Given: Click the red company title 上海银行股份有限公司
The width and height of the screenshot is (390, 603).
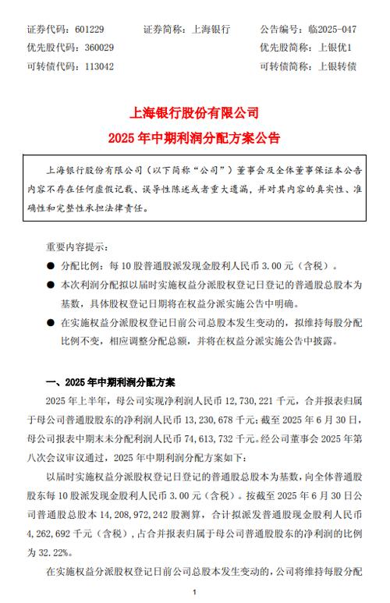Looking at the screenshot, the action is coord(194,114).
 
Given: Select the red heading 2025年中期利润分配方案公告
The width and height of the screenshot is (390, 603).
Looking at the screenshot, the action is coord(194,139).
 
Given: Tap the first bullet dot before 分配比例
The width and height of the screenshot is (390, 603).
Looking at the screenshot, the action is coord(51,266).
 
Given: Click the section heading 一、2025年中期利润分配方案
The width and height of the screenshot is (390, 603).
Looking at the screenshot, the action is coord(114,382).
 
